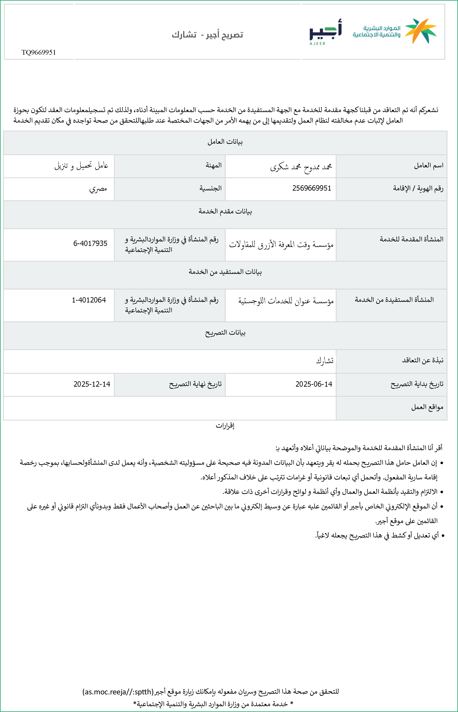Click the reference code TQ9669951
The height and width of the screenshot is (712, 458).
tap(39, 52)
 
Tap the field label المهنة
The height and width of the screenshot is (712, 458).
tap(214, 165)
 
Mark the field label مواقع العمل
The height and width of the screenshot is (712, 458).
tap(427, 407)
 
